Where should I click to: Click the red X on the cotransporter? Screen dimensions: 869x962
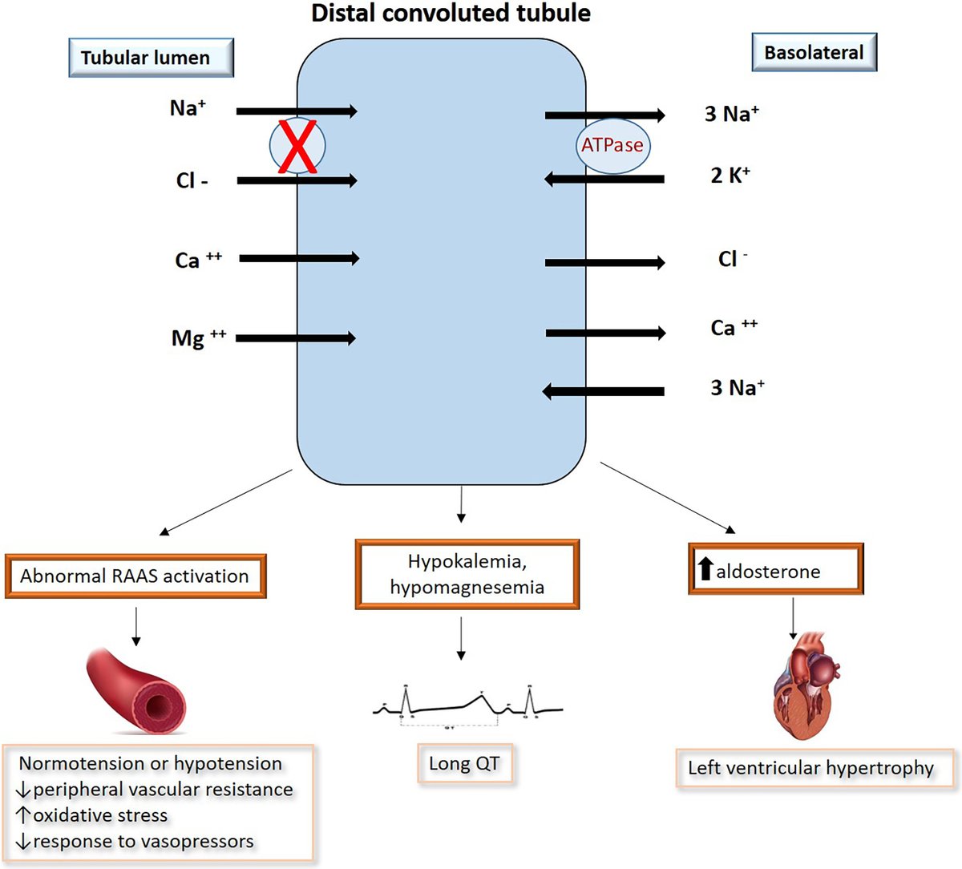tap(297, 146)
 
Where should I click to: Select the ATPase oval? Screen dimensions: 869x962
tap(612, 146)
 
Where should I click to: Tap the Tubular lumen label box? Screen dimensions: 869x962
tap(151, 58)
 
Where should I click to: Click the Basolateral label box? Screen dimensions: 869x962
tap(814, 53)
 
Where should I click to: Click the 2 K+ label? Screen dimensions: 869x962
tap(730, 176)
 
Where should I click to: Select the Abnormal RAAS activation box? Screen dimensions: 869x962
tap(135, 576)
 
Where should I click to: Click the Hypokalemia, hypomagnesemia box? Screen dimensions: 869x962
tap(467, 574)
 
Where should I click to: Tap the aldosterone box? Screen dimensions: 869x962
tap(775, 570)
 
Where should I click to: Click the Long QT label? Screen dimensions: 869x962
tap(464, 763)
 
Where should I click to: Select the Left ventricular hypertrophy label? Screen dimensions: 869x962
tap(811, 768)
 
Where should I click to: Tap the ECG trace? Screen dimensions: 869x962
tap(467, 704)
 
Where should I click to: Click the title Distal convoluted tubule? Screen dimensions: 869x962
tap(451, 13)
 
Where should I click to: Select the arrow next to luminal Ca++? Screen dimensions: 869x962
tap(298, 258)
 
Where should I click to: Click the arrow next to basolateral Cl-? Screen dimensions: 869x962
tap(604, 262)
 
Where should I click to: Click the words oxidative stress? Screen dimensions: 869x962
tap(100, 815)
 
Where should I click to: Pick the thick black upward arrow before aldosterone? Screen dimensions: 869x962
tap(705, 569)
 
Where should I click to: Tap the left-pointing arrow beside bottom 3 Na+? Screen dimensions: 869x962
tap(603, 391)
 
